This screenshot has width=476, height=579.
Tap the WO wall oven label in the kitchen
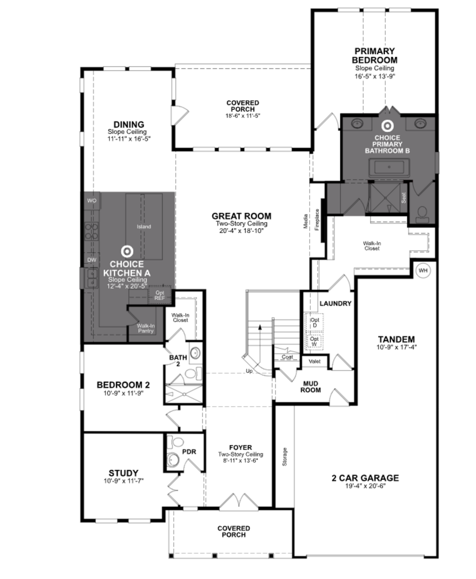pyautogui.click(x=92, y=200)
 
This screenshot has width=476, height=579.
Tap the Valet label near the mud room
pyautogui.click(x=314, y=361)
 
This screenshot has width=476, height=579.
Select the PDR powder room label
pyautogui.click(x=189, y=452)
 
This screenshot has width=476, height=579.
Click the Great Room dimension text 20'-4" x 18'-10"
pyautogui.click(x=241, y=231)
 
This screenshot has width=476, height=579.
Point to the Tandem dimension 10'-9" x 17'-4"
pyautogui.click(x=397, y=347)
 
